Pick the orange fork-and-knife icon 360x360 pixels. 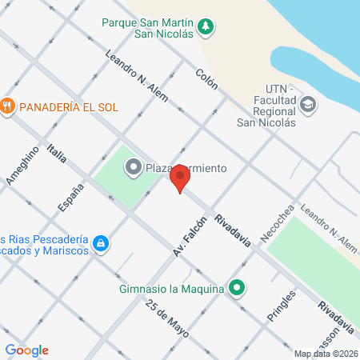tap(8, 106)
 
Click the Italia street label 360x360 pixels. tap(56, 154)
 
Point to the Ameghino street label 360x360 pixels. tap(22, 168)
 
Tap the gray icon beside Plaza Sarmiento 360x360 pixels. tap(132, 167)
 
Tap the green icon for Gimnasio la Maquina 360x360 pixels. tap(236, 287)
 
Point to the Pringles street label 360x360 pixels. tap(283, 305)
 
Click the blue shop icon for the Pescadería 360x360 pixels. tap(100, 242)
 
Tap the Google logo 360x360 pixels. tap(26, 350)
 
